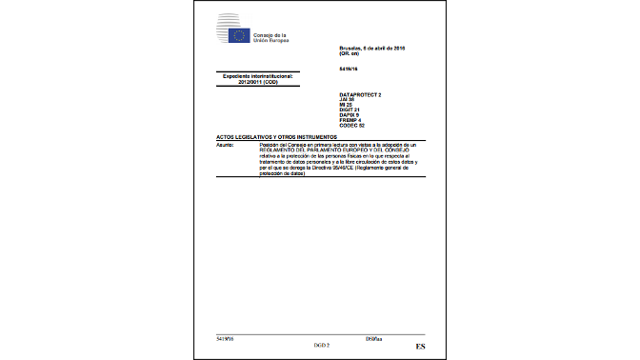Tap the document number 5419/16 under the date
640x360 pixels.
(x=348, y=70)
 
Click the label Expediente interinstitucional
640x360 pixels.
(x=262, y=75)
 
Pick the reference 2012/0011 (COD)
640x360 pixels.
(x=263, y=81)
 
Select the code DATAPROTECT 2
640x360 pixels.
(x=359, y=94)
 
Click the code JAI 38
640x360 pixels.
(x=348, y=100)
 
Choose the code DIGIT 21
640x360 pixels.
(x=350, y=110)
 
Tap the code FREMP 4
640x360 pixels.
(x=350, y=120)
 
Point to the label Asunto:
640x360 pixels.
(x=226, y=145)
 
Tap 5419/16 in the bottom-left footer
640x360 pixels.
(x=225, y=338)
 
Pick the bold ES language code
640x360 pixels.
(x=420, y=345)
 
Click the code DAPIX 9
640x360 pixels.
(x=350, y=115)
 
